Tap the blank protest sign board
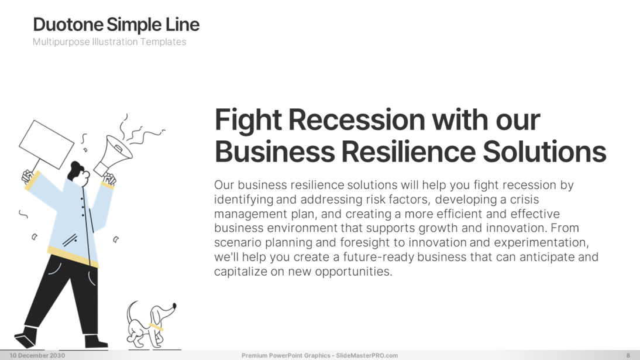tap(47, 144)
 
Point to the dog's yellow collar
tap(156, 327)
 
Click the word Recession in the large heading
tap(357, 120)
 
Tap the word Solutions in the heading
tap(545, 152)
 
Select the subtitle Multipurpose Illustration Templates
tap(109, 42)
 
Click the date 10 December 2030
tap(37, 355)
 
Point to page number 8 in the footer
tap(628, 355)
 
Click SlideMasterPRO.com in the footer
tap(367, 355)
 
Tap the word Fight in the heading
tap(248, 120)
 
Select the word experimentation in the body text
tap(541, 243)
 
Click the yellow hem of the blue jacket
tap(73, 256)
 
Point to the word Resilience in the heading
tap(408, 152)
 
